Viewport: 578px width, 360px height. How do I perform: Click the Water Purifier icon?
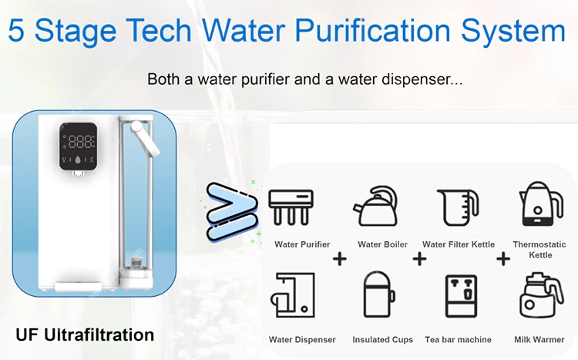pos(291,207)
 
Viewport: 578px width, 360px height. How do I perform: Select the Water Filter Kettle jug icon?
pos(458,207)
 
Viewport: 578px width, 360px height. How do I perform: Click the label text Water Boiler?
pos(382,245)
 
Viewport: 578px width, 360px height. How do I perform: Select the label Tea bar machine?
pos(458,340)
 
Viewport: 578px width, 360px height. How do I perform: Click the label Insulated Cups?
pos(382,340)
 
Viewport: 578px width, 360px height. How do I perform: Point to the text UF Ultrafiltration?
pos(85,335)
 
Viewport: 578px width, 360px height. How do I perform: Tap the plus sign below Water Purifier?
pos(339,260)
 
